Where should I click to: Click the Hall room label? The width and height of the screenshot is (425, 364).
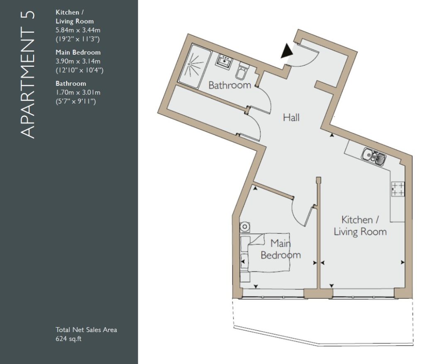pyautogui.click(x=291, y=118)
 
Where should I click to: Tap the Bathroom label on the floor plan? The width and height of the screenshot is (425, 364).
pyautogui.click(x=230, y=85)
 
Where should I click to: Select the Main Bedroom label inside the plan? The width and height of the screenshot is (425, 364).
pyautogui.click(x=281, y=249)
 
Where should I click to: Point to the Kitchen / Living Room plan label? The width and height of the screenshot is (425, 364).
pyautogui.click(x=360, y=226)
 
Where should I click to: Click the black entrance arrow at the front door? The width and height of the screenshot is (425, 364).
pyautogui.click(x=286, y=51)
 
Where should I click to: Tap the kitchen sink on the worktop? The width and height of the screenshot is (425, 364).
pyautogui.click(x=374, y=157)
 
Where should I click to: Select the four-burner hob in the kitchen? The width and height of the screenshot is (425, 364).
pyautogui.click(x=398, y=189)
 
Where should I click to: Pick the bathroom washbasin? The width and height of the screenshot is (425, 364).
pyautogui.click(x=224, y=61)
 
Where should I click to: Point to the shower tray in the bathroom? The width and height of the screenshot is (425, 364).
pyautogui.click(x=195, y=66)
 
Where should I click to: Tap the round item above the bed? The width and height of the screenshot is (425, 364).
pyautogui.click(x=245, y=227)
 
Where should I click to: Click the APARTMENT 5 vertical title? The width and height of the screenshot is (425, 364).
pyautogui.click(x=27, y=75)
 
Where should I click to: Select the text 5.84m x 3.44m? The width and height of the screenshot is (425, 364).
pyautogui.click(x=78, y=30)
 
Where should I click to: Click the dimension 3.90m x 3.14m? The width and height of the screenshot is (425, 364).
pyautogui.click(x=78, y=61)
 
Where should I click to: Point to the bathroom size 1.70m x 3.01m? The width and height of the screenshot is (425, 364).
pyautogui.click(x=78, y=92)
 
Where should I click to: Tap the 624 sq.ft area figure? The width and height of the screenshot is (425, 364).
pyautogui.click(x=68, y=339)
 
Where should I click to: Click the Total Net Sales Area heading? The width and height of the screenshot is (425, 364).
pyautogui.click(x=86, y=330)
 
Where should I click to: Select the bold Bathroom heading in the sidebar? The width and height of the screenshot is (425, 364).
pyautogui.click(x=71, y=83)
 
